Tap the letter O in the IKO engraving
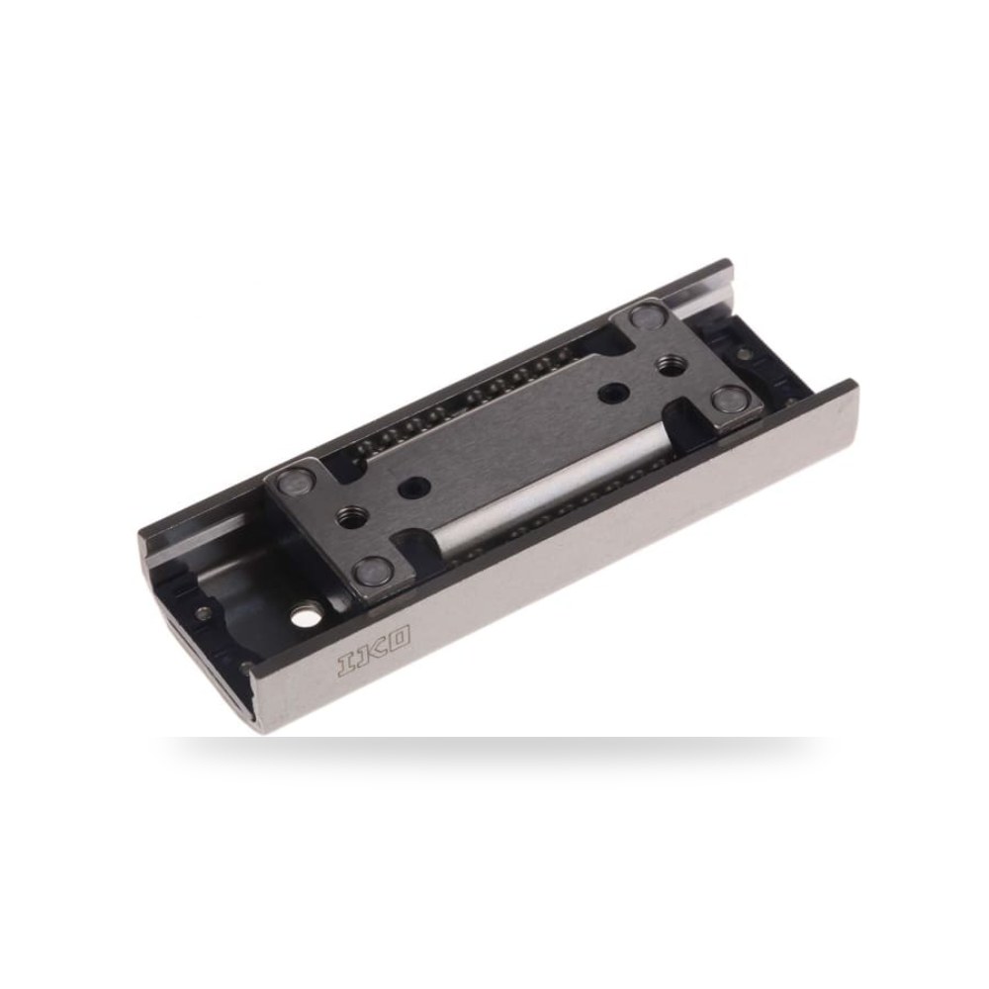399,637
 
